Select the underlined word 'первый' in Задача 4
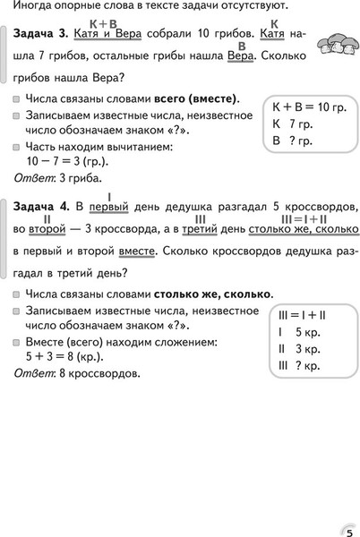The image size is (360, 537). [x=109, y=208]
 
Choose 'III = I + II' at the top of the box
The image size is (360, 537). [x=300, y=316]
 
